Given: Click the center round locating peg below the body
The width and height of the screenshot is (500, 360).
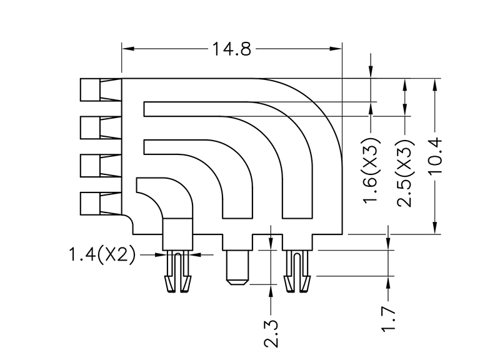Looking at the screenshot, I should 237,267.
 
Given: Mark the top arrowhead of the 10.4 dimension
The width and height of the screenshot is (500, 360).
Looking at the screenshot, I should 436,83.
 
